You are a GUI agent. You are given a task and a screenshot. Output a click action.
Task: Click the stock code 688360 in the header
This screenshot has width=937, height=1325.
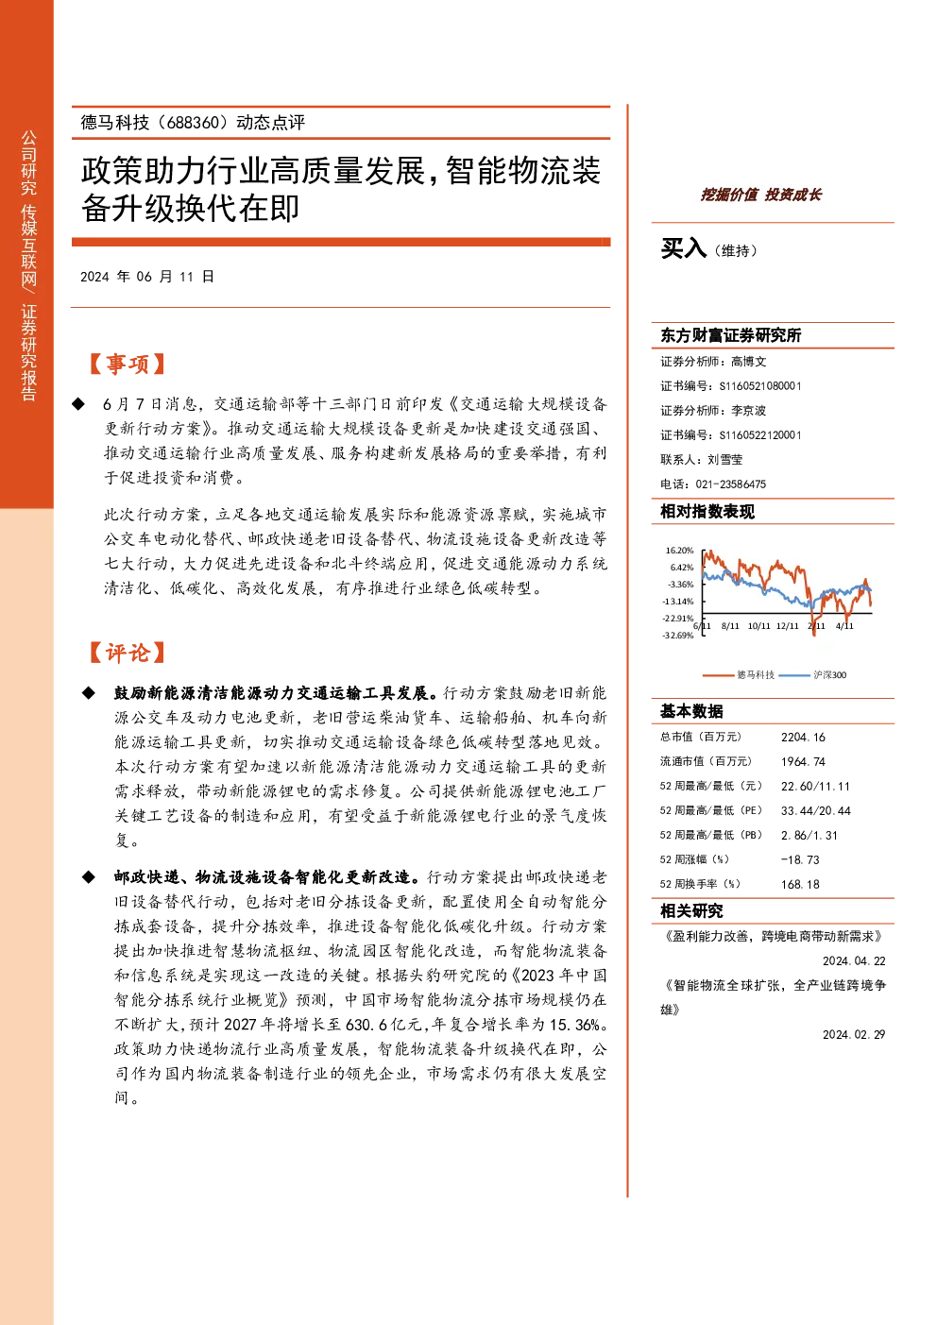(x=194, y=123)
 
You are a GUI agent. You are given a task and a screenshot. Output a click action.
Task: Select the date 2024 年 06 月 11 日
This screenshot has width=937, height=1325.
(x=146, y=277)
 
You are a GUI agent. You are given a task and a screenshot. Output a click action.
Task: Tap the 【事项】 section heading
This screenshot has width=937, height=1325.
(x=127, y=364)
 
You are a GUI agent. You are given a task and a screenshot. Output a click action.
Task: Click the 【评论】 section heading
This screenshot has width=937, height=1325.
(x=127, y=653)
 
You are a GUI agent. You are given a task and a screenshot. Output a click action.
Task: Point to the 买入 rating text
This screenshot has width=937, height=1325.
(x=683, y=248)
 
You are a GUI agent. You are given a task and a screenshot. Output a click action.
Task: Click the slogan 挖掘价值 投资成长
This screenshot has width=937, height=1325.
(x=760, y=195)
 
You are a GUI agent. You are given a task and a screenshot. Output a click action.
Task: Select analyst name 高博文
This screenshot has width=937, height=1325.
(x=748, y=362)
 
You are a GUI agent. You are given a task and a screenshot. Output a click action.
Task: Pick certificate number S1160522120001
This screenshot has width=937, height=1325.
(x=760, y=434)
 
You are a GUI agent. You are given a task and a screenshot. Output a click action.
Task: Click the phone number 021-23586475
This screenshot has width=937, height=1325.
(x=730, y=484)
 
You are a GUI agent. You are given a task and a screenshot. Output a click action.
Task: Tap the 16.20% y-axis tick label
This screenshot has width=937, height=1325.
(x=679, y=550)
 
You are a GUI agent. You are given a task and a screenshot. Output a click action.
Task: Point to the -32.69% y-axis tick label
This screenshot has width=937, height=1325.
(x=678, y=636)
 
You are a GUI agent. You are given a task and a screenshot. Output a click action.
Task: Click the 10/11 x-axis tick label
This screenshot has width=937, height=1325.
(x=758, y=626)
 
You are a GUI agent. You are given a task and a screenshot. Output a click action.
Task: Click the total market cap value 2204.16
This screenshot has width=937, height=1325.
(x=803, y=737)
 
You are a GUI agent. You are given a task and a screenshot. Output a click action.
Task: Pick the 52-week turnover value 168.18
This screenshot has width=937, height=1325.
(x=800, y=884)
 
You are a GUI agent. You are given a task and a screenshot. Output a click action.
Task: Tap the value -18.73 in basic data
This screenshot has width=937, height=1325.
(x=800, y=859)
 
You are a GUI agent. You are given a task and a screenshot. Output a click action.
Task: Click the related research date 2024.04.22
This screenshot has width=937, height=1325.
(x=854, y=960)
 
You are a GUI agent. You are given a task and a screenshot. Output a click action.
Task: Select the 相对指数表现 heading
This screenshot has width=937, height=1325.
(x=707, y=512)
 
